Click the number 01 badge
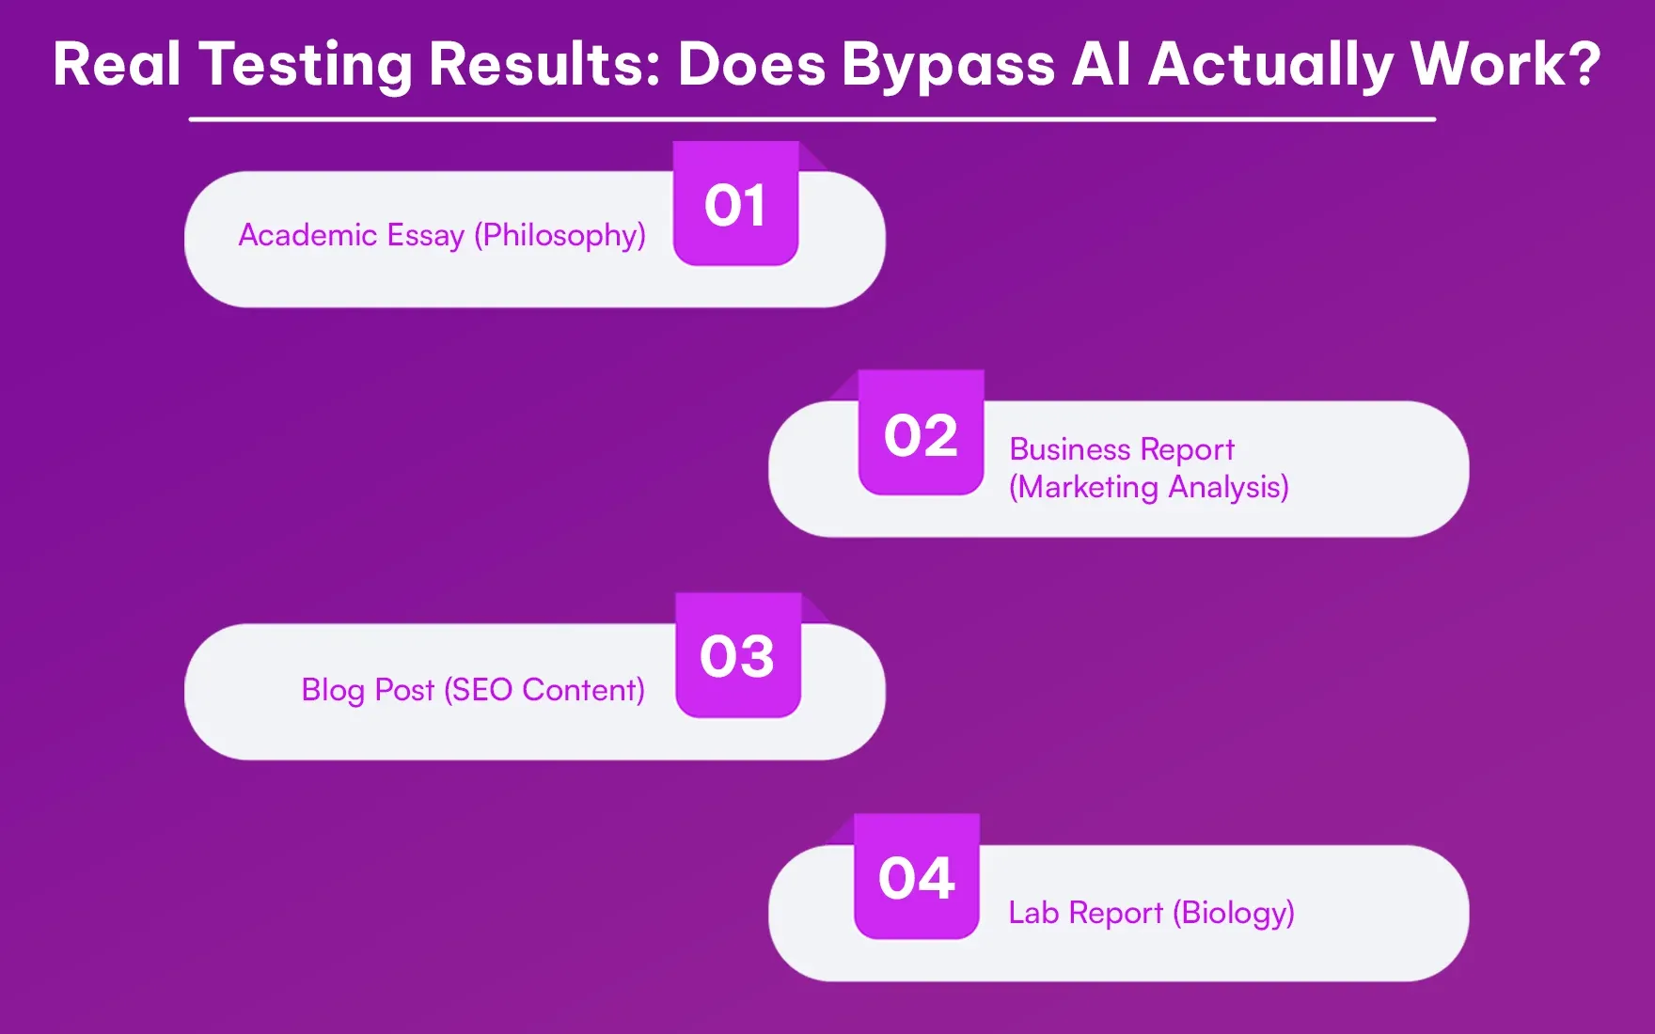[x=735, y=204]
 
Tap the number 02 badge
[x=921, y=433]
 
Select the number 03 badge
[x=737, y=655]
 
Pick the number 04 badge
[x=917, y=877]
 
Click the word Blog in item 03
[x=332, y=690]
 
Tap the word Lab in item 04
[x=1033, y=913]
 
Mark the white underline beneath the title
[x=812, y=119]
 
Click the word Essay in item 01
[x=426, y=235]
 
